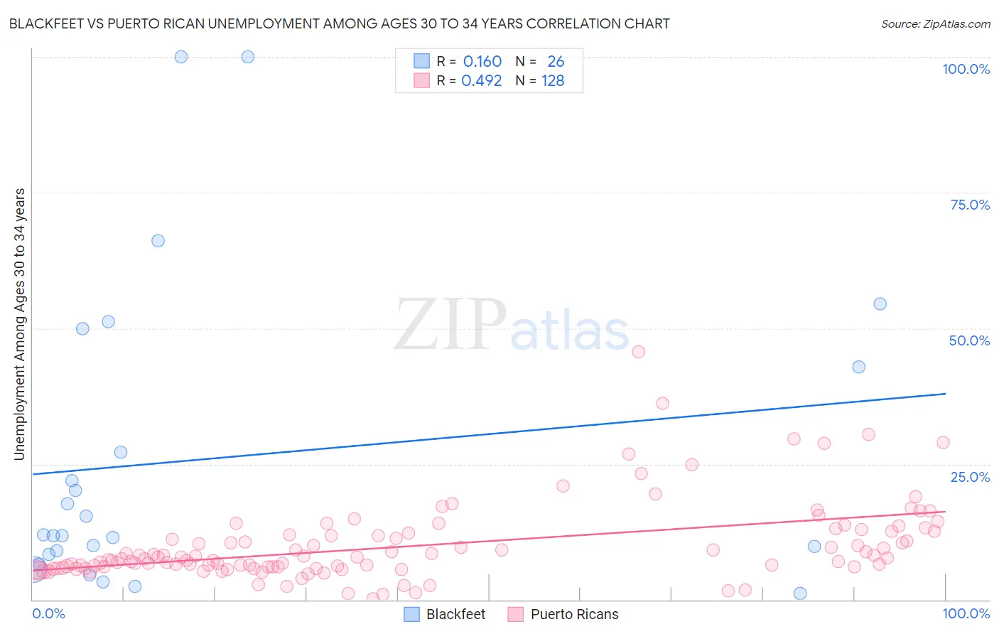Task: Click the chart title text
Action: pos(339,24)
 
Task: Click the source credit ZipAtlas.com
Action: pos(935,24)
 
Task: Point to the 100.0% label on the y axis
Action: pos(966,69)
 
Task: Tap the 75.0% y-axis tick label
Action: pos(970,205)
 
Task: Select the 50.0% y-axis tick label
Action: pos(969,340)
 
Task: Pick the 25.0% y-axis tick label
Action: pos(970,477)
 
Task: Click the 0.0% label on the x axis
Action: pos(48,613)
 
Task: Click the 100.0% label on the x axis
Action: pos(966,613)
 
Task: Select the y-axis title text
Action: pos(20,324)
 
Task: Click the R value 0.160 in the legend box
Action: pos(482,61)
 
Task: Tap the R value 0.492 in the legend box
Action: pos(482,80)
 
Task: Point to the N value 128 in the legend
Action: pos(553,80)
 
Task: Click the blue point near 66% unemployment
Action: pos(158,241)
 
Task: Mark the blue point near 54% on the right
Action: pos(880,304)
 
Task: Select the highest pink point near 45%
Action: pos(638,352)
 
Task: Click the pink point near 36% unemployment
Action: pos(662,403)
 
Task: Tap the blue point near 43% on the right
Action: pos(858,367)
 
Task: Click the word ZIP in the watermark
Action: pos(450,326)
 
